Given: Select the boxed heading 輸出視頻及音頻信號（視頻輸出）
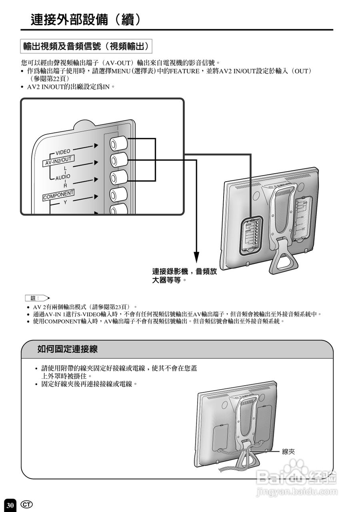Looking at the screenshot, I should click(86, 47).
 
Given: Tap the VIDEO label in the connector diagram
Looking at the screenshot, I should click(62, 152).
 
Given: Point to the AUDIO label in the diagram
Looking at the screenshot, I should click(62, 177).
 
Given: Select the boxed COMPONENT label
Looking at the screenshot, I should click(58, 195).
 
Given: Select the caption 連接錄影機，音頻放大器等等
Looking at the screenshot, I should click(184, 276).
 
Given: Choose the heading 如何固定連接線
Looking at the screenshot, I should click(68, 349).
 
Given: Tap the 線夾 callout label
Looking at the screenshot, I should click(288, 452).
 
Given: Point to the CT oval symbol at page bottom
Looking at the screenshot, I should click(27, 504).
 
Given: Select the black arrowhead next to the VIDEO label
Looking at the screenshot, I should click(96, 146).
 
